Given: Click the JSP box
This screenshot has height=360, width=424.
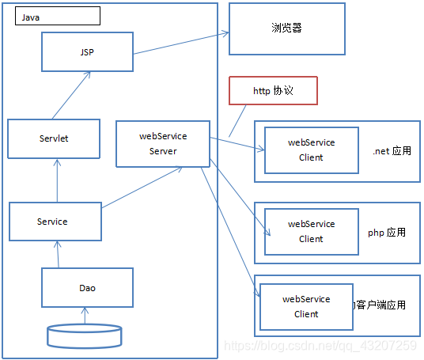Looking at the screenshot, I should pos(87,52).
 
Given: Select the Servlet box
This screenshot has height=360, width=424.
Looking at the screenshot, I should pos(54,138).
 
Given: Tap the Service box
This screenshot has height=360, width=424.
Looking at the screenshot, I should pos(55,222).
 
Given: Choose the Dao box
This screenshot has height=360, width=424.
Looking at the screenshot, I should pos(87,288).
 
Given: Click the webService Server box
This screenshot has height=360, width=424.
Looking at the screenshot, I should pos(163,144).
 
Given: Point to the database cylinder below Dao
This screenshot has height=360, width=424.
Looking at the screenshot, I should pos(85,335).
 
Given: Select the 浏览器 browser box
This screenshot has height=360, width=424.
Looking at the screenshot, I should pos(286,28).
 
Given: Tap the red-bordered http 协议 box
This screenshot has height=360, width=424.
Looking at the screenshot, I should pos(273,91).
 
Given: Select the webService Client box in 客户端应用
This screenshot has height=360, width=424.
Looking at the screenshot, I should pos(305,306).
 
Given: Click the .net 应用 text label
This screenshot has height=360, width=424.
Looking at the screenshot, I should pos(392,150).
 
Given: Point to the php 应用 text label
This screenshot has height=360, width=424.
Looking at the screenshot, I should pos(387,233).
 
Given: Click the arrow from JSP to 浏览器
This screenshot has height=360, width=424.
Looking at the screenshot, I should pos(181,43).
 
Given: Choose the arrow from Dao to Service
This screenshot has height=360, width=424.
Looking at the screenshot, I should pos(57,253).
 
